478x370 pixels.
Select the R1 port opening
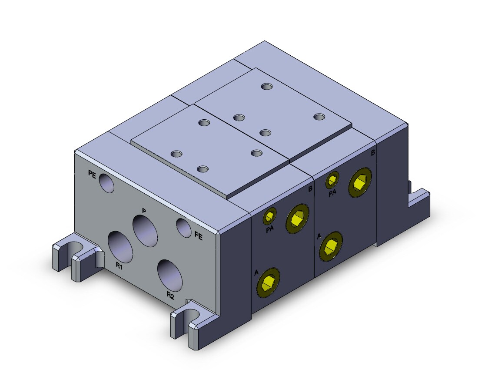tap(121, 247)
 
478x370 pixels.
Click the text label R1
tap(119, 266)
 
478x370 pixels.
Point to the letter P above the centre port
tap(144, 211)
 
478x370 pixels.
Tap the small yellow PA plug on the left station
tap(269, 216)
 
